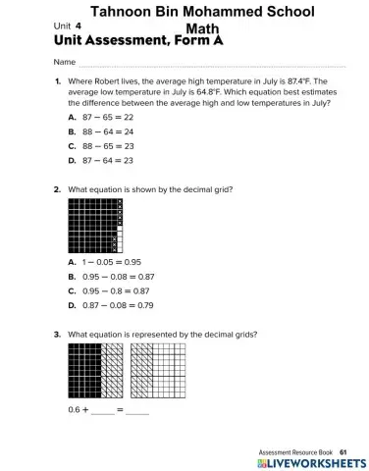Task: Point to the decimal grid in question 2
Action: pyautogui.click(x=94, y=227)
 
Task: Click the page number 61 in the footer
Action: pyautogui.click(x=343, y=451)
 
